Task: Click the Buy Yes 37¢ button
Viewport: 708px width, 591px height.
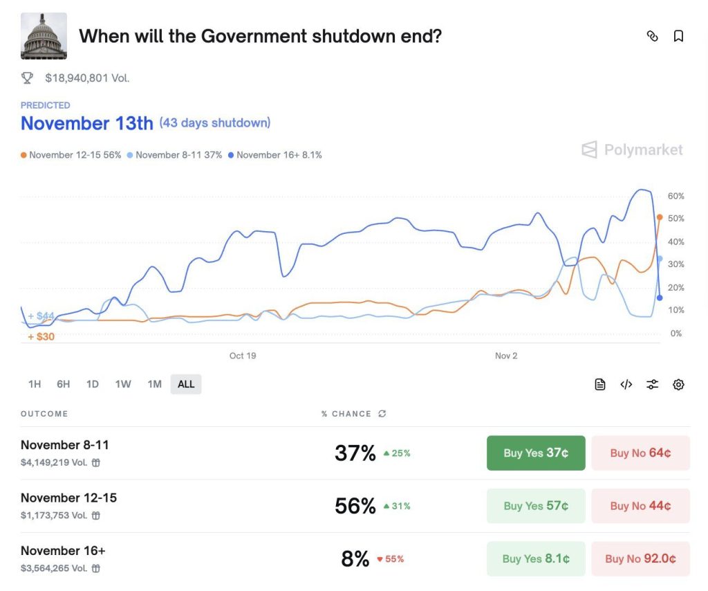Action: [536, 453]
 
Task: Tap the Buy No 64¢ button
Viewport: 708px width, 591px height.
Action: [640, 453]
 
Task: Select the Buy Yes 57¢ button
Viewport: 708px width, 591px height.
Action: [536, 506]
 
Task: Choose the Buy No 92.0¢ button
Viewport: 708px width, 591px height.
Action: [640, 558]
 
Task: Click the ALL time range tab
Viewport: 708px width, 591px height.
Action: [186, 384]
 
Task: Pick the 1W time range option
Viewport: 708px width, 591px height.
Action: [123, 384]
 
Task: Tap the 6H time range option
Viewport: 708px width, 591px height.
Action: [64, 384]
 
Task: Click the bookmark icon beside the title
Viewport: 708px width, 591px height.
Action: [678, 36]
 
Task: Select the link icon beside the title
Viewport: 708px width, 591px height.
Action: [652, 36]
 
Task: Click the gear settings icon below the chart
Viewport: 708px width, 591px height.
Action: [678, 385]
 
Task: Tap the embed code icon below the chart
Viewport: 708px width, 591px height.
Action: [626, 385]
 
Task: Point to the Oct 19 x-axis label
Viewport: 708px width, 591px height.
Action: [243, 356]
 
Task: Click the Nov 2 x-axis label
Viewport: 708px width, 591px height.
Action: [506, 356]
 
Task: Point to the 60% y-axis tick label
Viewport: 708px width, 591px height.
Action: [676, 197]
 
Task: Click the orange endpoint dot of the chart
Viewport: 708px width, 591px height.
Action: [660, 217]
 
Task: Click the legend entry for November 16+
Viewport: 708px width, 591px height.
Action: [274, 155]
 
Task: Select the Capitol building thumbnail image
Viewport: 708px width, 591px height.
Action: [44, 36]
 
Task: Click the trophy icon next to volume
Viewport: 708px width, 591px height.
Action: [28, 78]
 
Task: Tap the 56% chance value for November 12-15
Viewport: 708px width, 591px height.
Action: [355, 506]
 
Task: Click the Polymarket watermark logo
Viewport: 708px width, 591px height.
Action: [632, 149]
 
